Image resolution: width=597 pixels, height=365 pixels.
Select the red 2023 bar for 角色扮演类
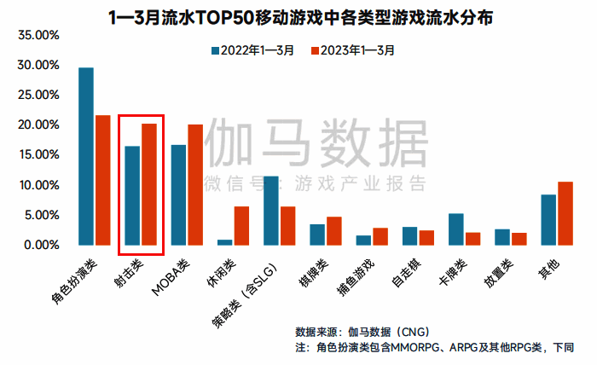102,180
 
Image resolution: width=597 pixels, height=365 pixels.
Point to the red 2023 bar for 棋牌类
333,230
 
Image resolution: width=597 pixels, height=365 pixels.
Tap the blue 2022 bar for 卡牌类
456,229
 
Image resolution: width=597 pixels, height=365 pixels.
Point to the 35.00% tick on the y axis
36,36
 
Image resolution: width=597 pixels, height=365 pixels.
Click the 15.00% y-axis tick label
36,155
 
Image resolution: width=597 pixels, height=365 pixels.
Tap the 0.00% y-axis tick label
39,246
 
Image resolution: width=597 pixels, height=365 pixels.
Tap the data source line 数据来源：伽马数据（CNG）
362,331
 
